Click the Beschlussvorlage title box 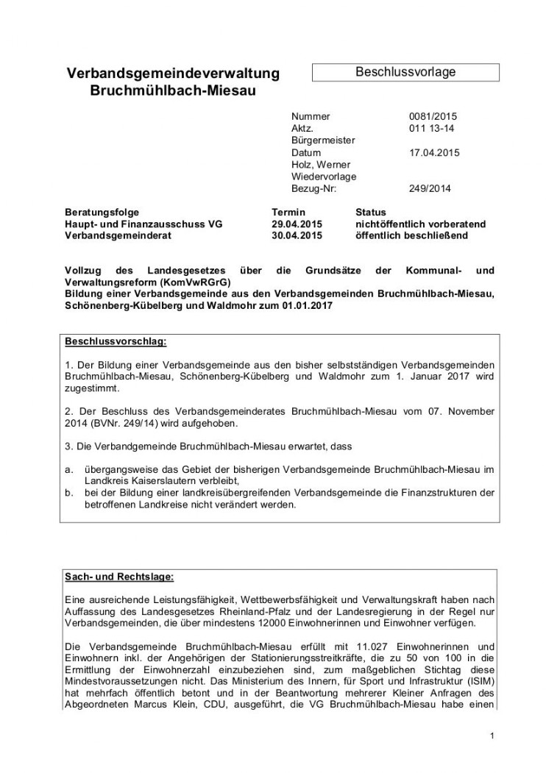pyautogui.click(x=405, y=72)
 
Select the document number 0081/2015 pyautogui.click(x=433, y=116)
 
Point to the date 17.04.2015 pyautogui.click(x=433, y=152)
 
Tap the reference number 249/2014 pyautogui.click(x=430, y=188)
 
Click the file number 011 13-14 pyautogui.click(x=430, y=128)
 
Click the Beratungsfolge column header pyautogui.click(x=102, y=212)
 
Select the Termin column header pyautogui.click(x=288, y=212)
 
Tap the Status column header pyautogui.click(x=370, y=212)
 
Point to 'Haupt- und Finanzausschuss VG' pyautogui.click(x=143, y=224)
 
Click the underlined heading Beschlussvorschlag pyautogui.click(x=116, y=342)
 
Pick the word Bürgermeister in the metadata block pyautogui.click(x=323, y=140)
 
